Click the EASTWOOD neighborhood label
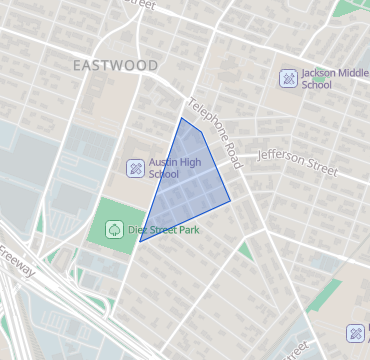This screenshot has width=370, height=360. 115,65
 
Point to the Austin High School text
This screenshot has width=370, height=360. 176,167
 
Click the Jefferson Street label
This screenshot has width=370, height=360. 297,161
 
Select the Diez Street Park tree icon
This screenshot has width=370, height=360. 115,229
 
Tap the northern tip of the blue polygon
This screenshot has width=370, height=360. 182,118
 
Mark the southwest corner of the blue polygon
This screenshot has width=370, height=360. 140,241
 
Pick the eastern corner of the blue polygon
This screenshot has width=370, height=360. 231,200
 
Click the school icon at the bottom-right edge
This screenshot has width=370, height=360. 356,333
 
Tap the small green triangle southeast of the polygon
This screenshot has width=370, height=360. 245,250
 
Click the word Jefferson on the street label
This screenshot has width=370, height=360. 283,157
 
